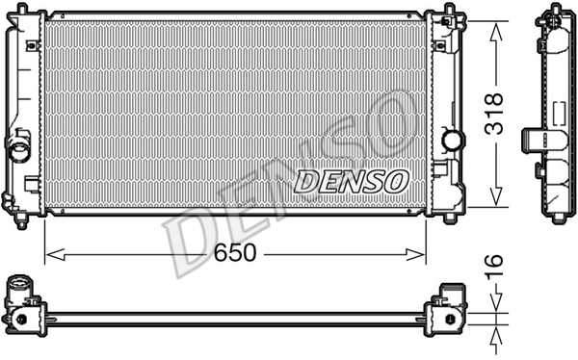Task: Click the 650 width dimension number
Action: pyautogui.click(x=235, y=253)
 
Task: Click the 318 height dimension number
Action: pyautogui.click(x=494, y=114)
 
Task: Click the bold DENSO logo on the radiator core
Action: pyautogui.click(x=352, y=181)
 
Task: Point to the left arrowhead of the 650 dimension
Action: pyautogui.click(x=55, y=255)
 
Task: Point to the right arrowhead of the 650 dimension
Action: pyautogui.click(x=416, y=255)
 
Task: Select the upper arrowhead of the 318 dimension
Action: pyautogui.click(x=496, y=31)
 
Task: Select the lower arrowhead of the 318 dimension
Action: pyautogui.click(x=496, y=196)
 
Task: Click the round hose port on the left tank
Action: pyautogui.click(x=19, y=149)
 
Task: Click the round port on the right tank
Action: pyautogui.click(x=452, y=141)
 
